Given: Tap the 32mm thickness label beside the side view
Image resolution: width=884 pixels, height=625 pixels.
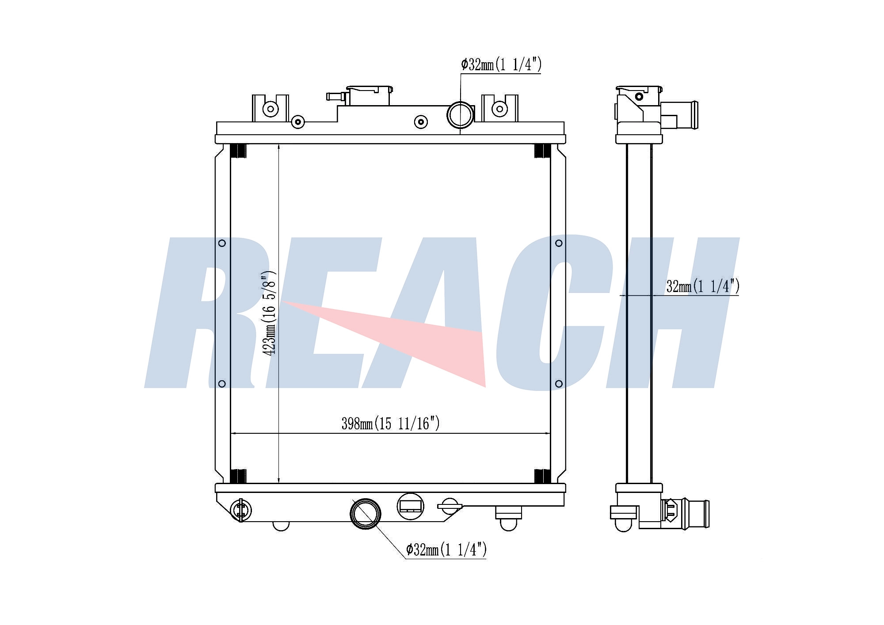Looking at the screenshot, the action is click(x=703, y=287).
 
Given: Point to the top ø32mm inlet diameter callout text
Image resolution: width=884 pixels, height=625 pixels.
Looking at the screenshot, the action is click(x=501, y=65).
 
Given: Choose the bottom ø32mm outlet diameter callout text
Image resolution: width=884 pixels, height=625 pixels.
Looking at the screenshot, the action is click(x=446, y=549).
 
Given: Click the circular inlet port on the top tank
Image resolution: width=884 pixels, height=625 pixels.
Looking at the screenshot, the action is click(x=460, y=115).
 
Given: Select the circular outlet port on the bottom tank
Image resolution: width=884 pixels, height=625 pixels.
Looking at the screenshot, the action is click(x=365, y=514).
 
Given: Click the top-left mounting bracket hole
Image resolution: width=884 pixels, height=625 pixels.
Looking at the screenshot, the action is click(x=271, y=109).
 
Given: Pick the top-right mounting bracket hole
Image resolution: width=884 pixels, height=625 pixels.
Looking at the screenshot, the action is click(x=499, y=109).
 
